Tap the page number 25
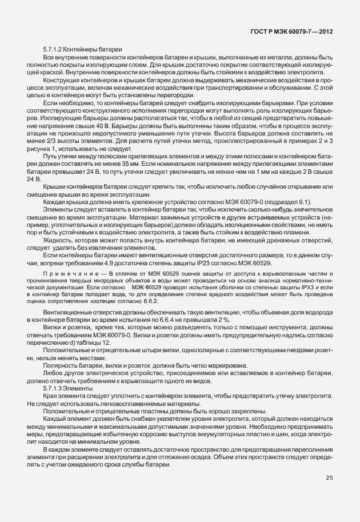pos(330,478)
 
